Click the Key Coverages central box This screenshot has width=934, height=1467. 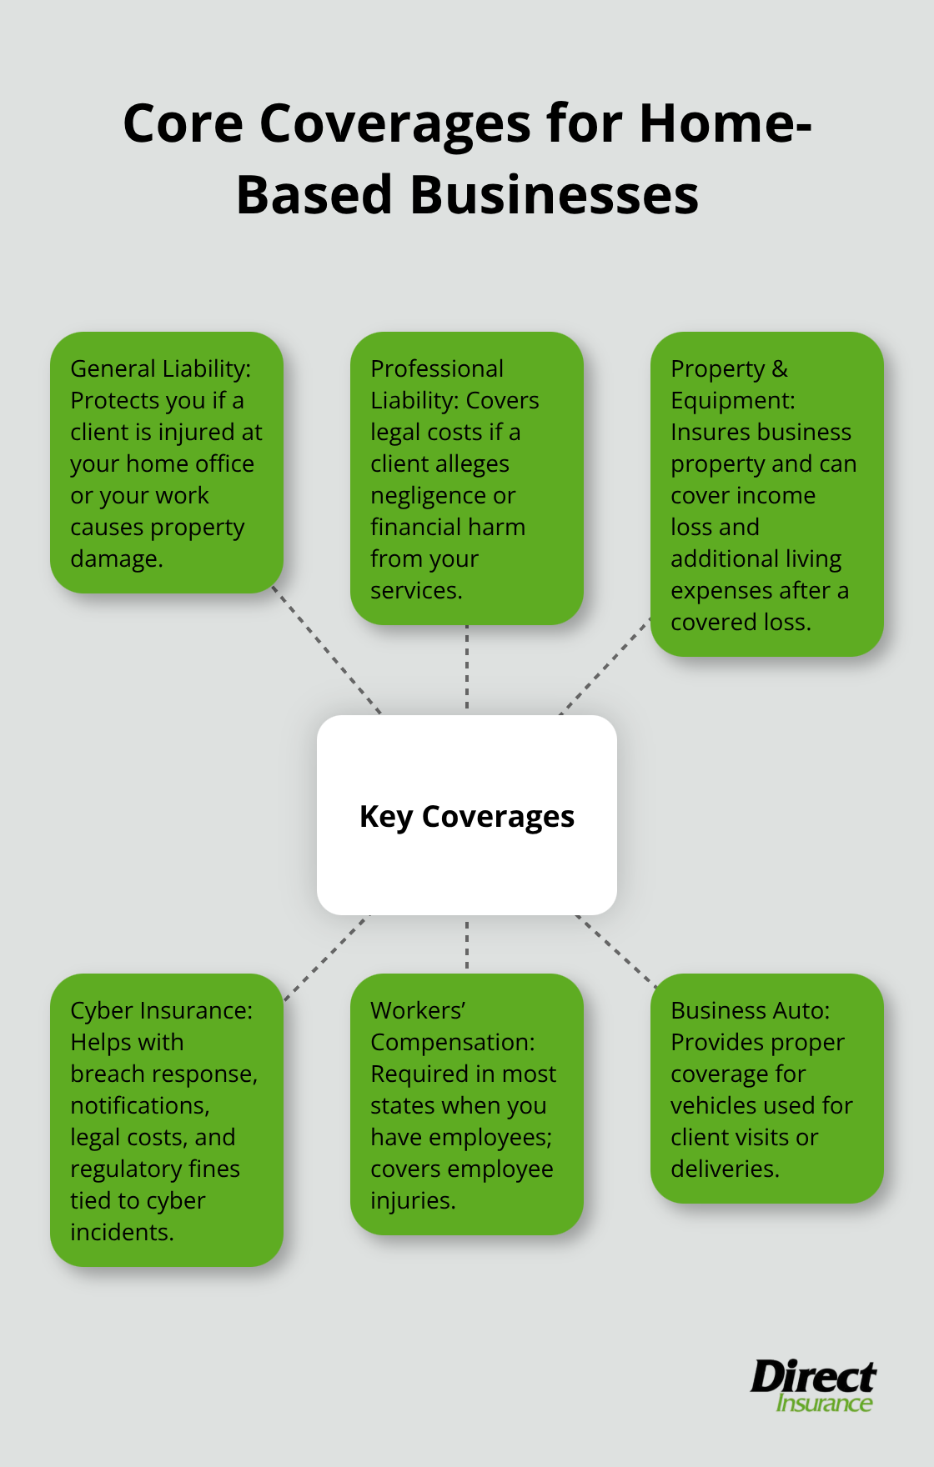467,815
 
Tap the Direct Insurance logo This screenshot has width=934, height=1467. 813,1385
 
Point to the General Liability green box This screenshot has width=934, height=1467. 167,463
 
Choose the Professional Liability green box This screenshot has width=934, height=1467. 467,478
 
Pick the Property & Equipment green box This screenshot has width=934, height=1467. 766,494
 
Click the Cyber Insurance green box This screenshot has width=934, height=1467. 167,1120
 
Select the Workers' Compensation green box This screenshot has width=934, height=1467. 467,1104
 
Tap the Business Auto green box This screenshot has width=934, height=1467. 766,1089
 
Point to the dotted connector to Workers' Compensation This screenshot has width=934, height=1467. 467,944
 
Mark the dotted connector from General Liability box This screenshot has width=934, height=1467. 327,653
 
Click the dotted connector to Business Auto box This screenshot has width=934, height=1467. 615,951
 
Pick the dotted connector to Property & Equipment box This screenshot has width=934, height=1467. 605,665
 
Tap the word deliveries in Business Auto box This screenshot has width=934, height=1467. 724,1169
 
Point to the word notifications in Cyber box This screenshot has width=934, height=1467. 139,1106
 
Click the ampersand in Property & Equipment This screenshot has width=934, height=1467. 780,368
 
